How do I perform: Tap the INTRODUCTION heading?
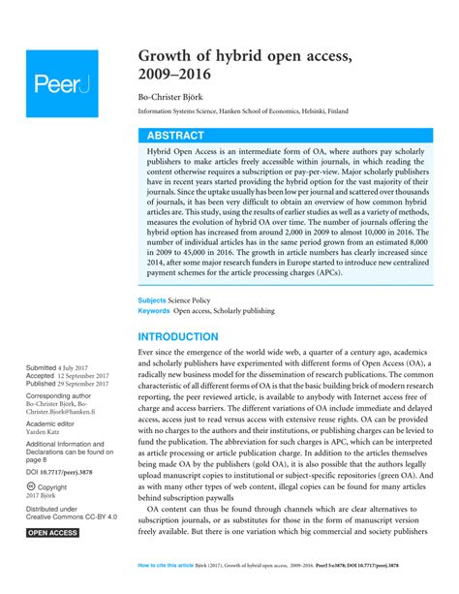pos(178,336)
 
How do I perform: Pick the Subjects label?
pos(153,300)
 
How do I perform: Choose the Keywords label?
pos(155,311)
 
